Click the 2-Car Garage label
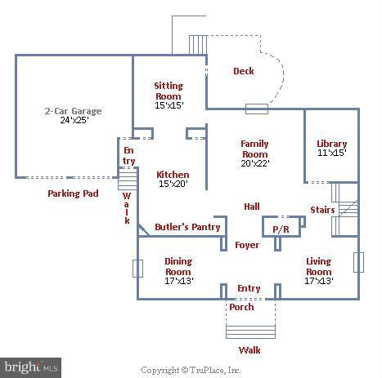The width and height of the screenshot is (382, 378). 74,111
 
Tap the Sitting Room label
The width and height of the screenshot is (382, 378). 169,91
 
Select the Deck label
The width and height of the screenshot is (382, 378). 244,71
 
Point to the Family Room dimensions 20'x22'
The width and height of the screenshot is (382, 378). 254,163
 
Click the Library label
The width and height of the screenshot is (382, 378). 331,145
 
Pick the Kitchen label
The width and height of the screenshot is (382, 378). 173,175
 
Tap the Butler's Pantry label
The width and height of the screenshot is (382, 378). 187,227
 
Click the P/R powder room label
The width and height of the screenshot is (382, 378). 281,229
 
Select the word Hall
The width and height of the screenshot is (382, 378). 252,207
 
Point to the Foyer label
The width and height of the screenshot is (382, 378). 246,245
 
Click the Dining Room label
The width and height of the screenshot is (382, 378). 178,266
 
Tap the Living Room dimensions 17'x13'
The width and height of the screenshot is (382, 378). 318,281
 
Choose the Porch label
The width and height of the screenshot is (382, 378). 241,307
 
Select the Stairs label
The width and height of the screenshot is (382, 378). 322,210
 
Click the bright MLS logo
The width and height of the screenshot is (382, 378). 31,367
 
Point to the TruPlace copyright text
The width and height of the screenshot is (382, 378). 191,370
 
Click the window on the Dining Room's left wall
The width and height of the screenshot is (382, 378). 137,268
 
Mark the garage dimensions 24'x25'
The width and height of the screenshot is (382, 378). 74,122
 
